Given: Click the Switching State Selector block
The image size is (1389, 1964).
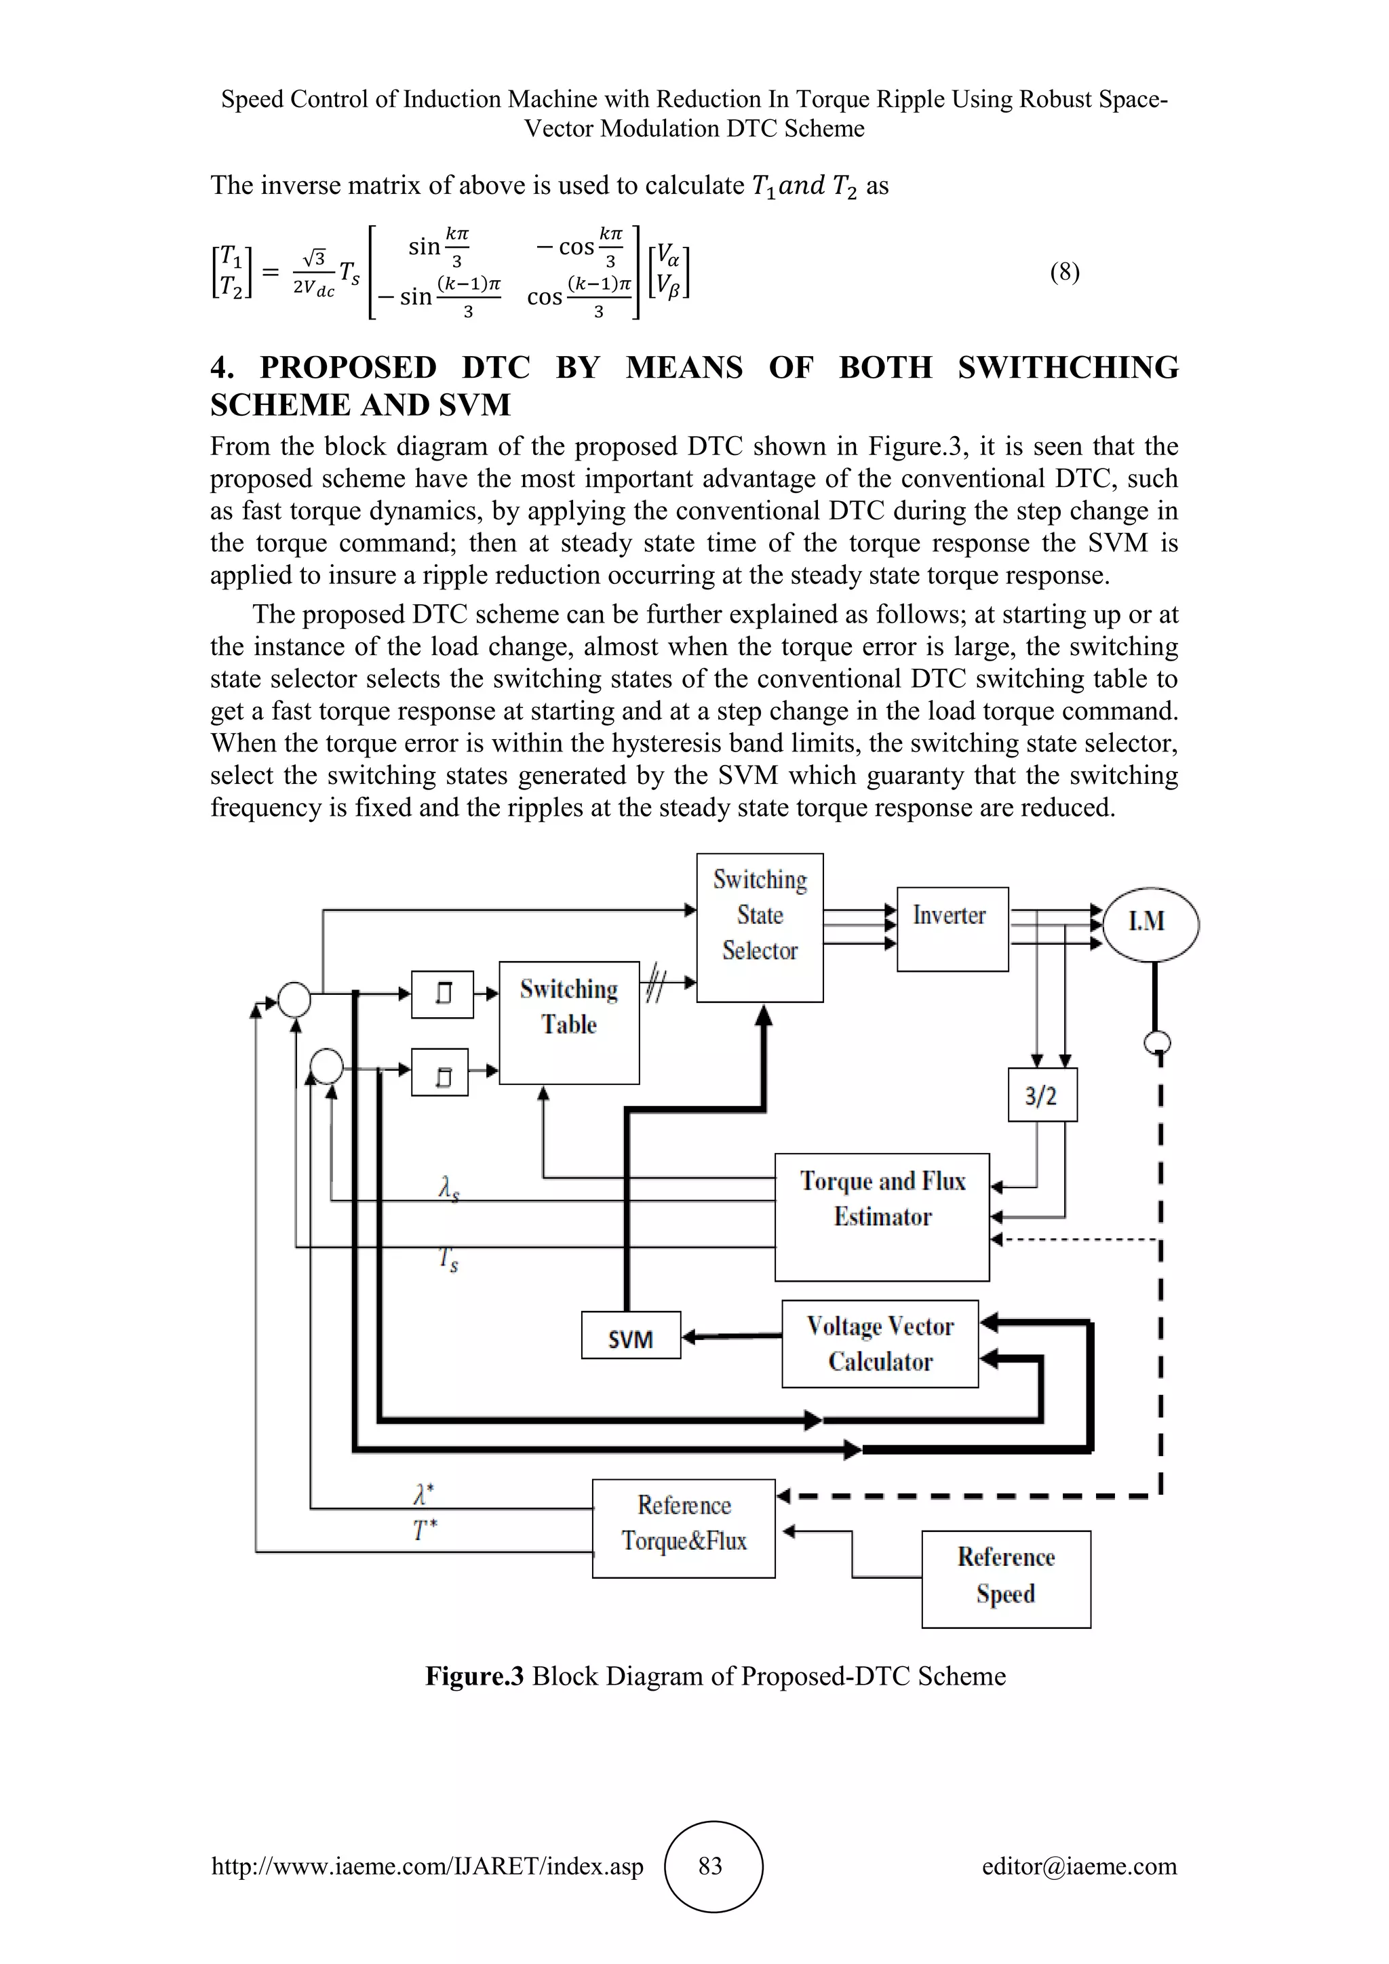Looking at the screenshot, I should pos(760,926).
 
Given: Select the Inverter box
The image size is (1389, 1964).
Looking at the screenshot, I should pos(952,928).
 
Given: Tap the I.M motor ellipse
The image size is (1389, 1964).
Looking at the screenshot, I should pos(1150,923).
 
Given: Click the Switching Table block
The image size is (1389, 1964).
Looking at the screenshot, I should pos(569,1021).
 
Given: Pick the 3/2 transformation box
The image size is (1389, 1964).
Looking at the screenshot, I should pos(1042,1094).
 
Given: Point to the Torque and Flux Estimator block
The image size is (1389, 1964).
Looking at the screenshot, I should pos(882,1217).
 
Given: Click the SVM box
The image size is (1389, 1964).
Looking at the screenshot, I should pos(630,1335).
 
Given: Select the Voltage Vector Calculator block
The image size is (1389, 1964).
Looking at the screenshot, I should pos(879,1343).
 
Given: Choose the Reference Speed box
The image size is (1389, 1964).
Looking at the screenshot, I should pos(1006,1578).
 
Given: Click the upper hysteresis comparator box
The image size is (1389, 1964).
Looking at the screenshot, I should pos(442,994).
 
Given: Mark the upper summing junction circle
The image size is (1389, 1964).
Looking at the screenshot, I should pos(294,999).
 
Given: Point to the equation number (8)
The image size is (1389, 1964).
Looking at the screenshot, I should pos(1065,273).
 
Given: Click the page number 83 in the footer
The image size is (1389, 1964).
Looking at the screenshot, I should pos(711,1865).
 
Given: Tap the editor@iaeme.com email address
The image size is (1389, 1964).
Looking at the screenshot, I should pos(1078,1866).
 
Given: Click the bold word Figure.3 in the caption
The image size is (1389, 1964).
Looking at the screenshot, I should pos(474,1675).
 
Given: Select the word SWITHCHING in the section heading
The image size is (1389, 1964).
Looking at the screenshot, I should pos(1068,368).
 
